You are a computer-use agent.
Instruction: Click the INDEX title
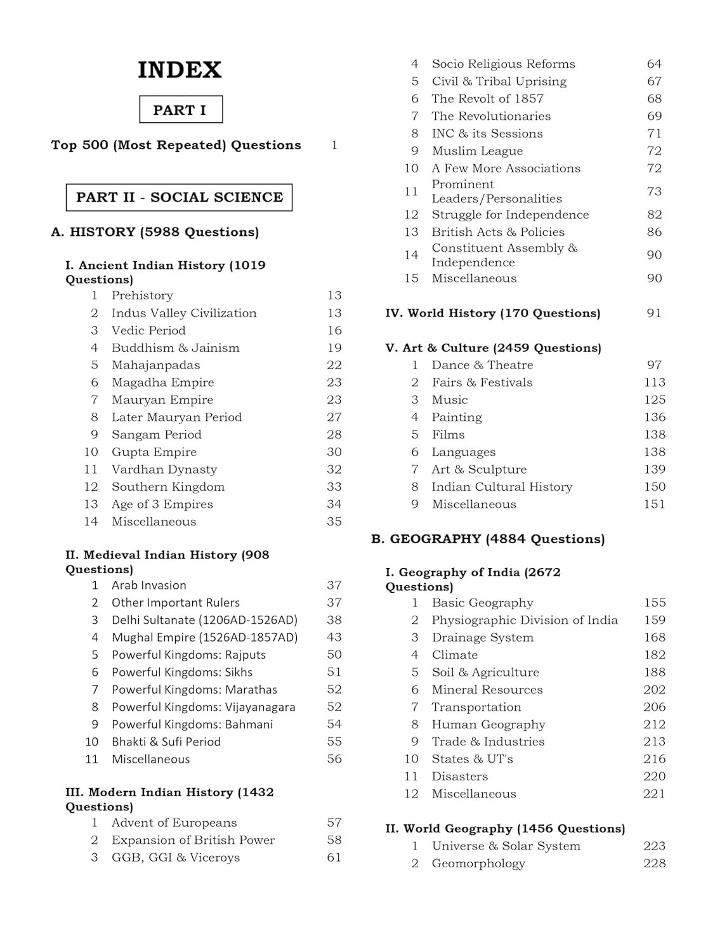pos(180,70)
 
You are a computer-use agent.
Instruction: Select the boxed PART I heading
pos(180,110)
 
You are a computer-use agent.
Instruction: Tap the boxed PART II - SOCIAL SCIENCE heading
pos(179,197)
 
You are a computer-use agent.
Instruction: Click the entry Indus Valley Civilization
pos(184,313)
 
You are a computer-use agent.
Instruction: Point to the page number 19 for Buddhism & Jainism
pos(334,348)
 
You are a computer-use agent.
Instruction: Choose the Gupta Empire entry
pos(154,452)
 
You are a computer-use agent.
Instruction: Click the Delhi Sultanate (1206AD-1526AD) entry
pos(204,620)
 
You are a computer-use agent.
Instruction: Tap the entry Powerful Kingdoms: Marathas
pos(194,690)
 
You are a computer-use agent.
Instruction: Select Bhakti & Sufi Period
pos(166,742)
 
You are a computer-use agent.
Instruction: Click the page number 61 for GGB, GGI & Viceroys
pos(334,858)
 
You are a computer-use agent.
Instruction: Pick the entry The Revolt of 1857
pos(487,99)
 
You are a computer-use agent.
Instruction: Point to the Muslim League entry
pos(477,151)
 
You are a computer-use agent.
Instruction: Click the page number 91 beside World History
pos(654,313)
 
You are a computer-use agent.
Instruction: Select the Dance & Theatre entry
pos(482,365)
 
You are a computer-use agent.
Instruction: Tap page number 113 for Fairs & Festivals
pos(654,382)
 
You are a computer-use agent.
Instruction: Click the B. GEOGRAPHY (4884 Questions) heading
pos(488,539)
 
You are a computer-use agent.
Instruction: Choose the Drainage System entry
pos(482,638)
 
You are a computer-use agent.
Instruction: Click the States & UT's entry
pos(472,759)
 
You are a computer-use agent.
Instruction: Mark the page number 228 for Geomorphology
pos(654,864)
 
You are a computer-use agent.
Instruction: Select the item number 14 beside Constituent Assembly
pos(411,255)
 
